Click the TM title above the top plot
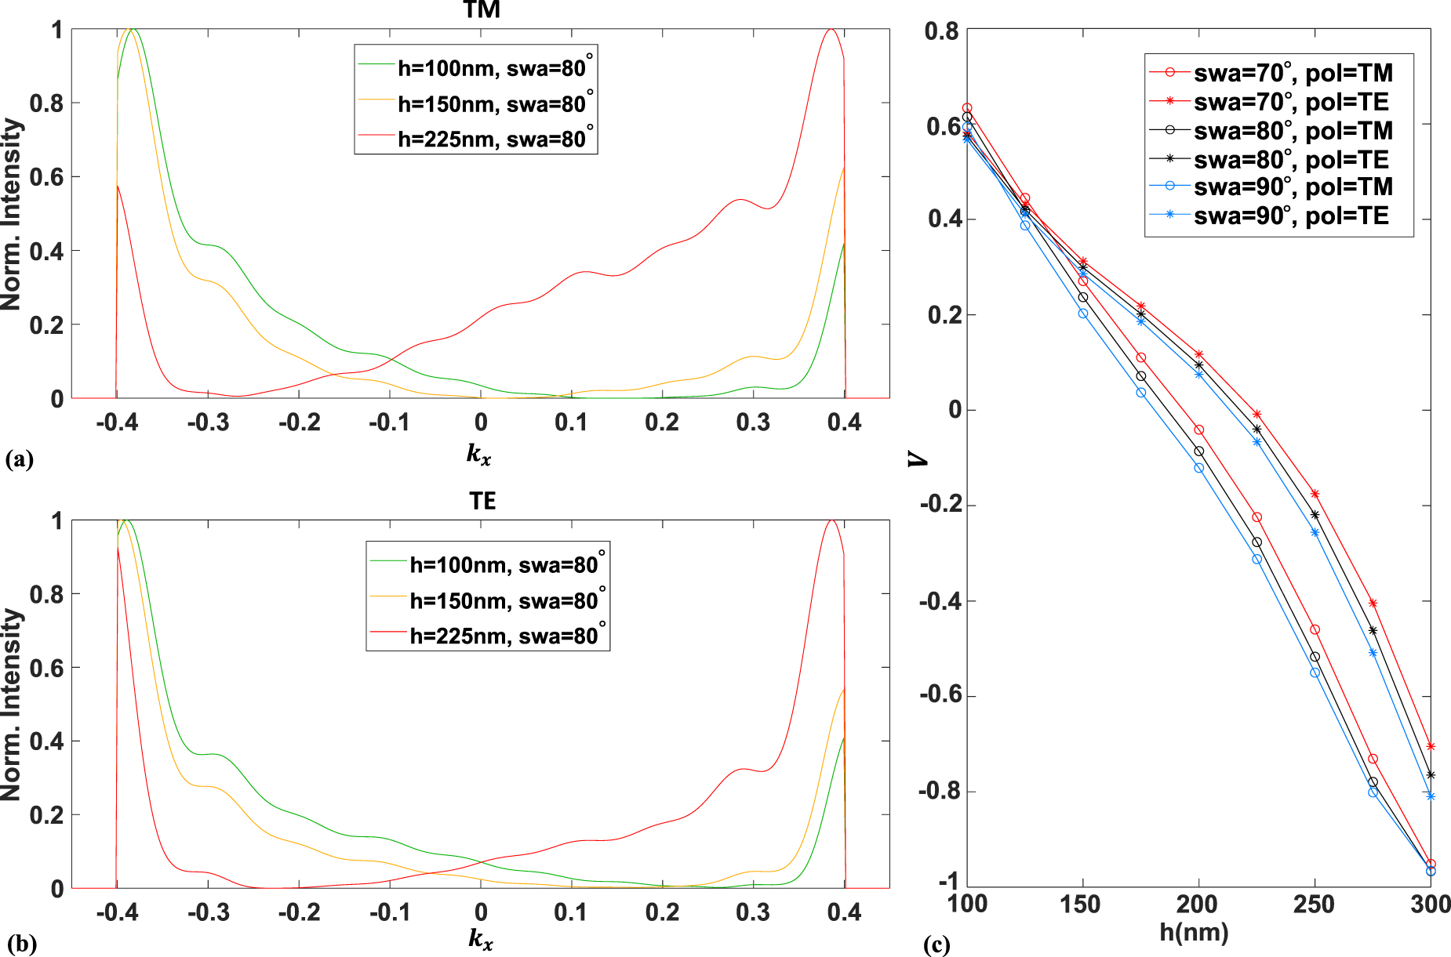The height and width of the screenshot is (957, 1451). pos(482,10)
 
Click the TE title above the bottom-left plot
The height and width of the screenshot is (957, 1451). pos(482,501)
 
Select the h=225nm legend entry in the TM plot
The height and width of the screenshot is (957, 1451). pos(491,139)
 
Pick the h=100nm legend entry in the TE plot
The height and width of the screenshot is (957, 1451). pos(504,564)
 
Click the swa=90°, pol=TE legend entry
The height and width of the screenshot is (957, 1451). pos(1290,216)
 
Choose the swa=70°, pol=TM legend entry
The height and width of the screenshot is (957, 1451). pos(1293,73)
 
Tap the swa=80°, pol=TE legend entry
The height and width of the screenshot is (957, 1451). pos(1290,159)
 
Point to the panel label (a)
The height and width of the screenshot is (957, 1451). pos(19,459)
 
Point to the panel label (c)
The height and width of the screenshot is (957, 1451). pos(936,944)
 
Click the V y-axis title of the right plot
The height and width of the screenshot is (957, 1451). pos(917,459)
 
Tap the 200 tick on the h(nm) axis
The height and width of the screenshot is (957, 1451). pos(1198,904)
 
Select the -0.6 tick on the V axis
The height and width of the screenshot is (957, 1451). pos(938,696)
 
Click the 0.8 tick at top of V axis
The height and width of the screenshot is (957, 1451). pos(941,31)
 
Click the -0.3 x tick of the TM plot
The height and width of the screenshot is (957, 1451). pos(208,423)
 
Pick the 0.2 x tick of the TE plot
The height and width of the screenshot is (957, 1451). pos(662,912)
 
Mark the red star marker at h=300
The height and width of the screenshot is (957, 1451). pos(1431,746)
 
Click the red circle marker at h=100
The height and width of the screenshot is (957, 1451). pos(967,108)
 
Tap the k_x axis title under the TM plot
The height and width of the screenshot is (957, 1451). pos(478,453)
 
